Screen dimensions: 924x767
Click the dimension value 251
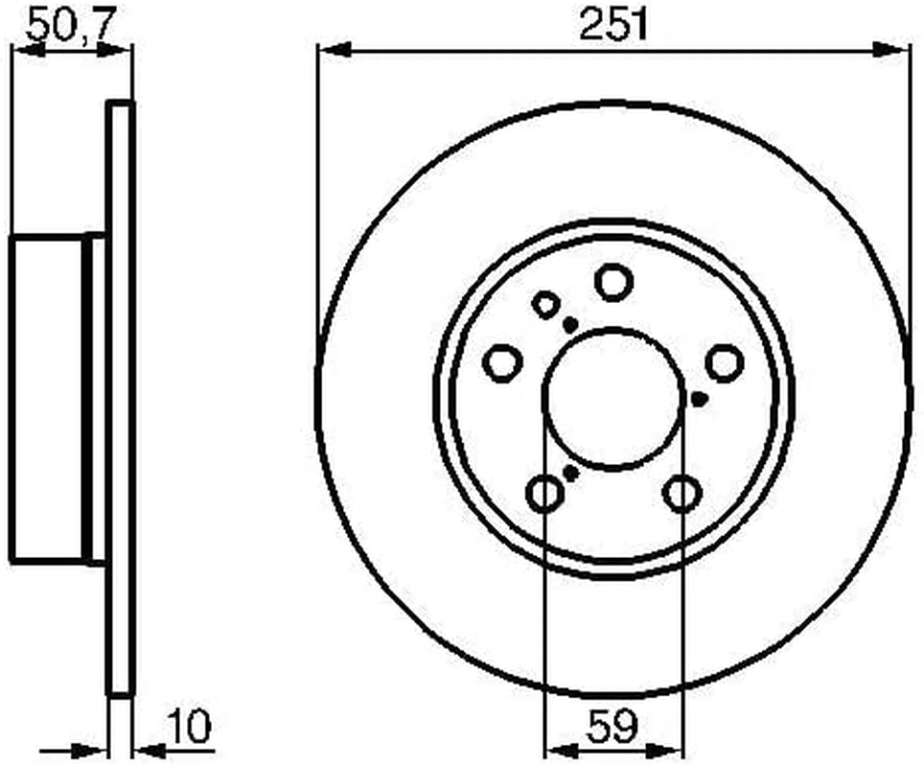coord(613,24)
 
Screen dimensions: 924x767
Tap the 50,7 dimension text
coord(70,25)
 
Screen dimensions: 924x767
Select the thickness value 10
coord(189,727)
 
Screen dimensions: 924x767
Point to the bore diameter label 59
coord(612,727)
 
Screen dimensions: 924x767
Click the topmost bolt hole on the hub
coord(614,282)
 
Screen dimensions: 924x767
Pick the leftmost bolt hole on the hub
coord(502,362)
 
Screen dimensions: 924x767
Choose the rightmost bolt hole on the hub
coord(725,362)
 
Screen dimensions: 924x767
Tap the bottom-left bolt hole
coord(544,493)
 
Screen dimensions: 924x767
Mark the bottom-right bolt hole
coord(682,493)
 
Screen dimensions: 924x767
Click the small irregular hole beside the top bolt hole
coord(545,305)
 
